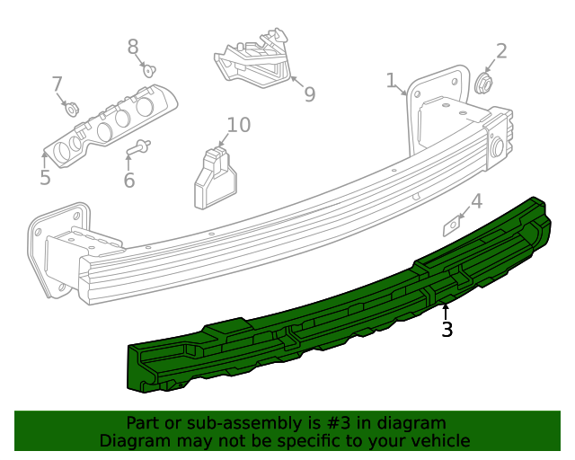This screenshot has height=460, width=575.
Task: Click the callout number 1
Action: [x=391, y=81]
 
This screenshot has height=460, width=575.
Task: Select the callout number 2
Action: [x=501, y=51]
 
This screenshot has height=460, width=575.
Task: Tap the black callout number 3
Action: [x=447, y=330]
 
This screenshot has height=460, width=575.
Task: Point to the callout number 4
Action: [x=476, y=201]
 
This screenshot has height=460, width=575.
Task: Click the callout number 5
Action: [x=45, y=177]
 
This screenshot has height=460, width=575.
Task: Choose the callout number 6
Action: [x=128, y=181]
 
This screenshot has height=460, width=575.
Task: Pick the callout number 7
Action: [x=57, y=84]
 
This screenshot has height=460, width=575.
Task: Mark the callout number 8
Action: [x=133, y=47]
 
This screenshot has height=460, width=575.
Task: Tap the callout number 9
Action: [x=309, y=94]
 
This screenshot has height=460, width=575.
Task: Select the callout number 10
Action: [x=238, y=124]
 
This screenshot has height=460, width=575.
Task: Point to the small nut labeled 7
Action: [x=71, y=110]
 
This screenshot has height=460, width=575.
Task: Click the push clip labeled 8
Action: [x=147, y=69]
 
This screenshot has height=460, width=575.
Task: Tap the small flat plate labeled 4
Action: [x=452, y=225]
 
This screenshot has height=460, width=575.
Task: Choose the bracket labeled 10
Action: [x=213, y=178]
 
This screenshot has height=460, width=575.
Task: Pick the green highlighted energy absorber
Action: [x=341, y=305]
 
